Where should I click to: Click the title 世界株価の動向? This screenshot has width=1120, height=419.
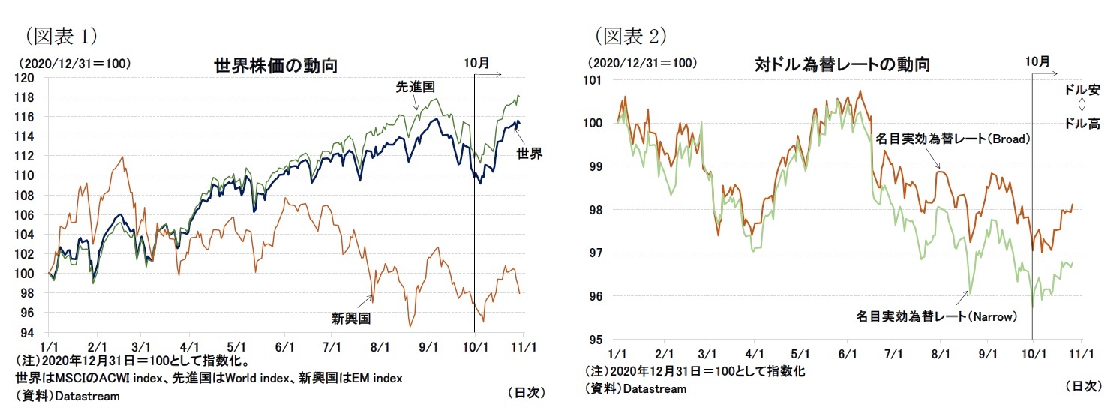point(275,66)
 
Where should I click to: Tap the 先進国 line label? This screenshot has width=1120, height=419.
point(416,88)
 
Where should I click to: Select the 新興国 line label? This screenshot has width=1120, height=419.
point(352,318)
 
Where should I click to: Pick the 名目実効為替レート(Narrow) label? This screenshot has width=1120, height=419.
point(936,316)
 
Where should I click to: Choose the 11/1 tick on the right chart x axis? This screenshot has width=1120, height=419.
point(1080,353)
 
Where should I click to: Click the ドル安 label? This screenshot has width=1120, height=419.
point(1082,90)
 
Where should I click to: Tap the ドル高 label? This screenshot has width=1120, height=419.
point(1082,124)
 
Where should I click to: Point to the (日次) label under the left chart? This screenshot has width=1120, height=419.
point(526,392)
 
